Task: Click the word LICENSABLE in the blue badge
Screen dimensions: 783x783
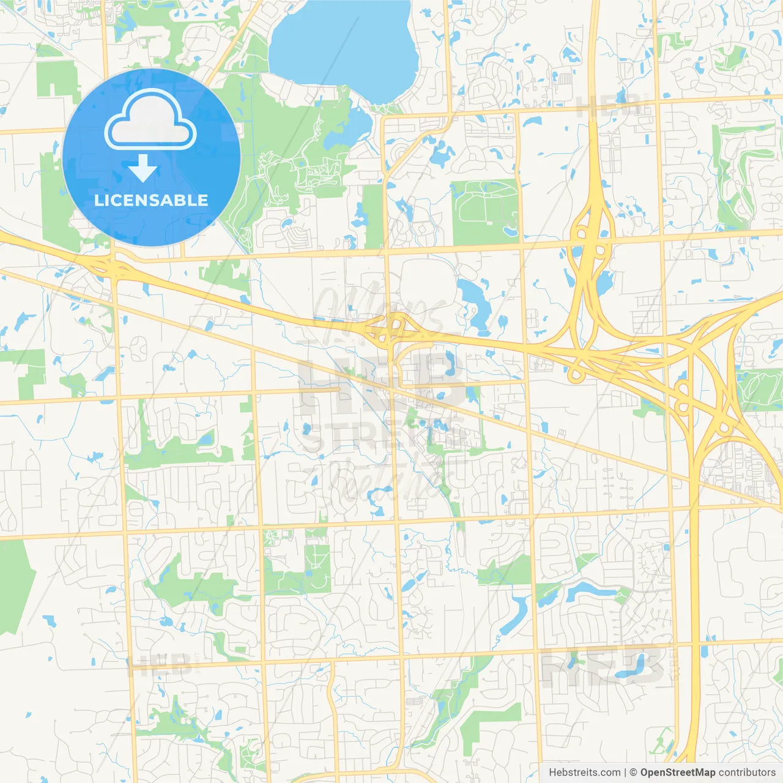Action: tap(151, 200)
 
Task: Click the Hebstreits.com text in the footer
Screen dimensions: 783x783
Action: tap(584, 773)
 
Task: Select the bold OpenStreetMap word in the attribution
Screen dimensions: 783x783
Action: tap(677, 773)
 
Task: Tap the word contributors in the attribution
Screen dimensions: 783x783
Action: tap(747, 773)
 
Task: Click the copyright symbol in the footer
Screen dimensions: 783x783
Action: tap(633, 773)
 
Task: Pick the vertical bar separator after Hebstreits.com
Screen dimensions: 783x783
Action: tap(625, 773)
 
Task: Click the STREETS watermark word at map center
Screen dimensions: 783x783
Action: tap(382, 436)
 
